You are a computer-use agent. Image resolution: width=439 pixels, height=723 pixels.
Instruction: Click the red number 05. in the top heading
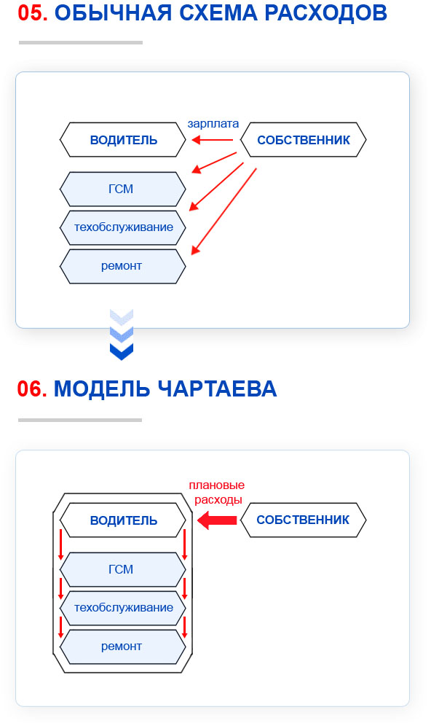(32, 13)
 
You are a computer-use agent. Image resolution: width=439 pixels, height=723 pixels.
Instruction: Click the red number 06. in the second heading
(32, 388)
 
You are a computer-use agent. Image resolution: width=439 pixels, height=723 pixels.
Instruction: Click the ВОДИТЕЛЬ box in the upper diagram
(123, 140)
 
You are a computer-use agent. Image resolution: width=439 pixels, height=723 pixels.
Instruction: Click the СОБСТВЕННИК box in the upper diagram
(303, 140)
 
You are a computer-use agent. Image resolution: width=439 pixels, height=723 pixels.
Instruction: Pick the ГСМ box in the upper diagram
(123, 189)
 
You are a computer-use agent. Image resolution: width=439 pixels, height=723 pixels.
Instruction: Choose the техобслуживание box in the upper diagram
(123, 227)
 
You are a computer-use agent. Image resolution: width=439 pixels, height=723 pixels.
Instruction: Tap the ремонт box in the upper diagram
(123, 265)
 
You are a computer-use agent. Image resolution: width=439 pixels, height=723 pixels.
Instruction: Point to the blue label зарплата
(213, 124)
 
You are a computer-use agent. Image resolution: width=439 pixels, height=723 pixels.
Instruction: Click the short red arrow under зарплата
(212, 140)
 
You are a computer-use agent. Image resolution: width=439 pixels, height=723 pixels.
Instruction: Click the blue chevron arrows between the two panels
(122, 335)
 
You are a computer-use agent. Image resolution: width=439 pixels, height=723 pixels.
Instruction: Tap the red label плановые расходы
(216, 492)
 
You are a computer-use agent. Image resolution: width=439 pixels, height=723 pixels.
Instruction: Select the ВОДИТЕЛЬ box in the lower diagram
(123, 520)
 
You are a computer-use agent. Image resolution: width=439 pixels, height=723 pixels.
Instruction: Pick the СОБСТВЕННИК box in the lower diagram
(303, 520)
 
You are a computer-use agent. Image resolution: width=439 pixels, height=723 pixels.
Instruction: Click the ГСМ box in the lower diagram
(123, 569)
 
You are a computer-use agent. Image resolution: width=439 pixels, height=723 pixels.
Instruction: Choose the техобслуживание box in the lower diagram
(123, 607)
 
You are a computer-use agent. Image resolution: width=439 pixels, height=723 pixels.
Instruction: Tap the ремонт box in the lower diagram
(123, 646)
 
